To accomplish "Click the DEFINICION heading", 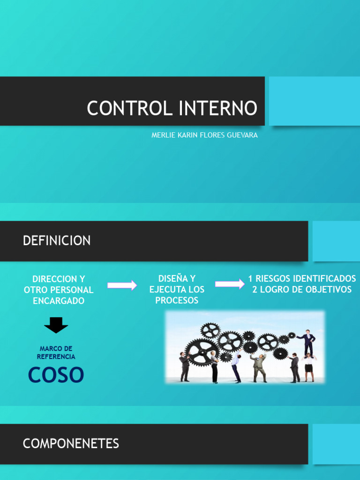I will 57,241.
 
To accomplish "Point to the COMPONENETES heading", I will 71,443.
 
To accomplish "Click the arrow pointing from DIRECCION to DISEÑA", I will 122,285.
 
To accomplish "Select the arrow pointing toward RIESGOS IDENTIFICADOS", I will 230,284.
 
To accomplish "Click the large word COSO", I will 56,375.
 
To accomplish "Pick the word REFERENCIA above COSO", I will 56,357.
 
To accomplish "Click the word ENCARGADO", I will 59,301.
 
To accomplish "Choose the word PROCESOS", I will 177,300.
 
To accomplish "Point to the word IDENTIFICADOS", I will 324,279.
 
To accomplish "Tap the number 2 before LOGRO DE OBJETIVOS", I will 255,290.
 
